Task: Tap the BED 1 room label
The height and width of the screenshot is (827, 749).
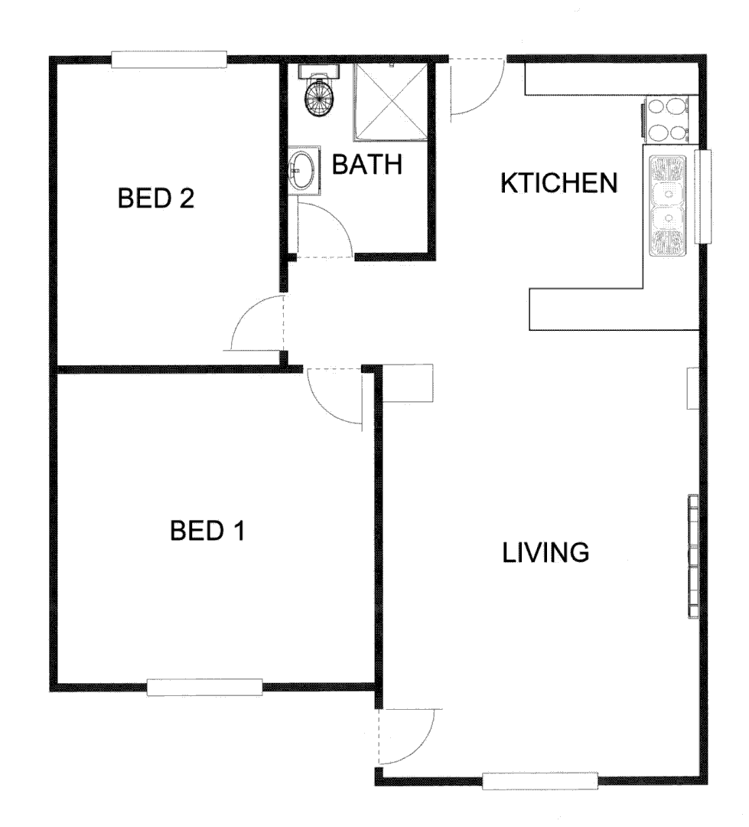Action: pos(207,530)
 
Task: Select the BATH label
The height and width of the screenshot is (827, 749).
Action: pos(366,165)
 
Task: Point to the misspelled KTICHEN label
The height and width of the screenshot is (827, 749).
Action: pos(558,183)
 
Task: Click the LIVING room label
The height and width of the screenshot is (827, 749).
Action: pos(545,551)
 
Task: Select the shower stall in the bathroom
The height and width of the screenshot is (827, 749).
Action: pos(391,102)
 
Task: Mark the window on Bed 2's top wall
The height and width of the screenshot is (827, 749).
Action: pos(169,60)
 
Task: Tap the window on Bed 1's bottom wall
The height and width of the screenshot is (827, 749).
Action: pos(204,687)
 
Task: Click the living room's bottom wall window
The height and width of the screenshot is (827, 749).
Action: pos(540,781)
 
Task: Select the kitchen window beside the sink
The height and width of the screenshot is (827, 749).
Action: pos(703,195)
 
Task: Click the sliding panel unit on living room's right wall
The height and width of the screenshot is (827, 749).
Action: pos(693,557)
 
